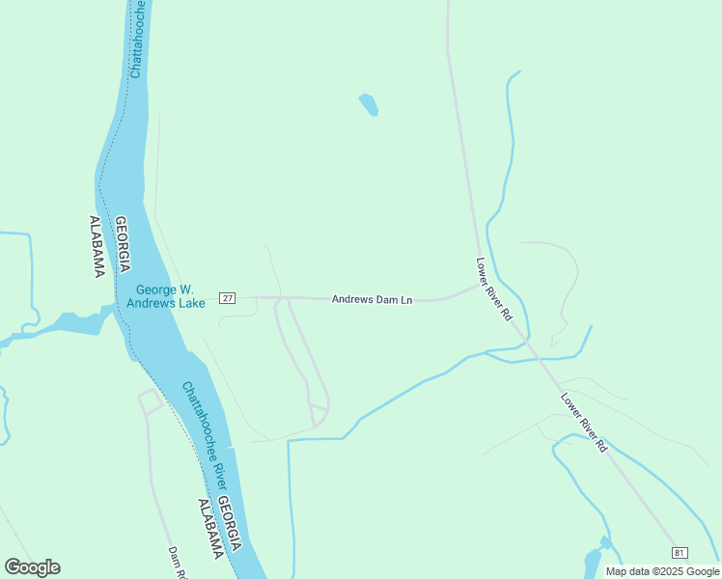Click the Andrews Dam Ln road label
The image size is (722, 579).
click(x=372, y=300)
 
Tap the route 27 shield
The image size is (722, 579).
click(x=227, y=298)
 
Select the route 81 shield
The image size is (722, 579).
click(x=680, y=552)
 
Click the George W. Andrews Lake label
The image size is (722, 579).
click(x=166, y=296)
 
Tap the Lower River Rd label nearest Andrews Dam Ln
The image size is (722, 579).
click(x=493, y=289)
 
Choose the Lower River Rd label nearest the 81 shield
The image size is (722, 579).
click(x=584, y=423)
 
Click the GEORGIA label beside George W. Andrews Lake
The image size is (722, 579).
click(x=125, y=244)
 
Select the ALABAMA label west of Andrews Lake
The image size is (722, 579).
click(x=97, y=246)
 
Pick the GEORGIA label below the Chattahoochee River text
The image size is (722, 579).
click(x=228, y=527)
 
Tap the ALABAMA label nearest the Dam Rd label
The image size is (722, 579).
click(x=210, y=529)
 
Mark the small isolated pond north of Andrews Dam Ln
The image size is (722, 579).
click(x=368, y=104)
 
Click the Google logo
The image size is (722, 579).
click(x=32, y=567)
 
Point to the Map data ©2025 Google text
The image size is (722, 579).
click(x=662, y=571)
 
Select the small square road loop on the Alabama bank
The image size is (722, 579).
click(x=150, y=401)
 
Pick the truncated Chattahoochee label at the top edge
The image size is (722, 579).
click(x=136, y=39)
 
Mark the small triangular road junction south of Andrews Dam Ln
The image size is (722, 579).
click(x=319, y=411)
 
